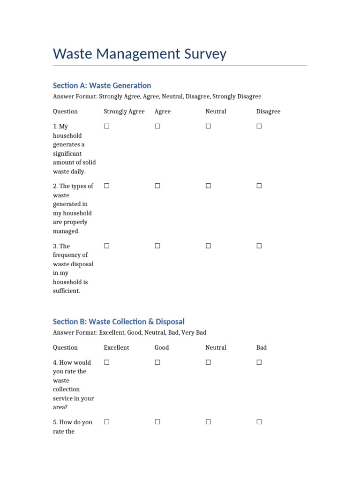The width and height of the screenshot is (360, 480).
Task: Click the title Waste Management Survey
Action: tap(140, 54)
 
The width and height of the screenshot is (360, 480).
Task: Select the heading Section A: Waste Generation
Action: tap(102, 85)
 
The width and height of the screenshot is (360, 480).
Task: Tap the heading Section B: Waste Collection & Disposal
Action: tap(119, 322)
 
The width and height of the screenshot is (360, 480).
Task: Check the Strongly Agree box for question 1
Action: tap(107, 126)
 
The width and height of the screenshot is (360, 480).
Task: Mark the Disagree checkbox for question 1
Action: tap(259, 126)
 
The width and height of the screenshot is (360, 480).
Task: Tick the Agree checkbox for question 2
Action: tap(157, 186)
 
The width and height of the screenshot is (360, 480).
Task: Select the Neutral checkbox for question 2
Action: tap(208, 186)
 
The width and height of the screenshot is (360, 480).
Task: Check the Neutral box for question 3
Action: tap(208, 246)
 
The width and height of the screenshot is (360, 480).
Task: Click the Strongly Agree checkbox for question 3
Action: tap(107, 246)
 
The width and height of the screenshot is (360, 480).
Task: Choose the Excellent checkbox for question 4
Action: tap(107, 362)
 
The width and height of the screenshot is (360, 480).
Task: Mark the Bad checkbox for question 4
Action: tap(259, 362)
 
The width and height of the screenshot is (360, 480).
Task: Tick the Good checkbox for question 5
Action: tap(157, 422)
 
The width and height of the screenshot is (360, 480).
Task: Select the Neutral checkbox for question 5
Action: tap(208, 422)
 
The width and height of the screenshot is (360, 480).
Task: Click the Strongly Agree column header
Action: tap(124, 112)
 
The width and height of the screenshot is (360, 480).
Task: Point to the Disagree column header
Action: tap(268, 112)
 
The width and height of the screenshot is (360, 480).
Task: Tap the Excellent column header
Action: tap(116, 348)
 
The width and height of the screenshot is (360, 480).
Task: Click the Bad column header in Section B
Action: tap(262, 348)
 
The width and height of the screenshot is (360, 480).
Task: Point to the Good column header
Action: tap(162, 348)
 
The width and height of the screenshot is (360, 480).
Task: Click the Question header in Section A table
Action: tap(65, 112)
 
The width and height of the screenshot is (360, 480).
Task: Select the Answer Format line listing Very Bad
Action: tap(129, 333)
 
